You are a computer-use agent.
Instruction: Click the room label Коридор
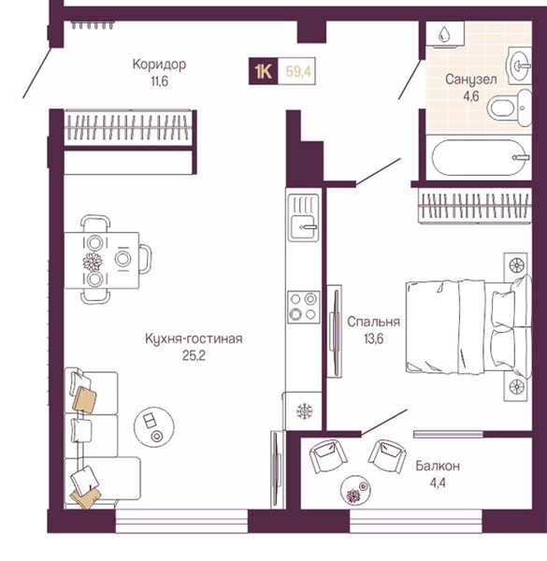159,65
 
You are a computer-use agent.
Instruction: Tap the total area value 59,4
298,72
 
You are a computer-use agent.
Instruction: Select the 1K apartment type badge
264,71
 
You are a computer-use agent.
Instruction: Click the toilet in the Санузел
510,108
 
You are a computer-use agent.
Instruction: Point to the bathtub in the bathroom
479,157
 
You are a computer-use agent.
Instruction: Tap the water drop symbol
444,34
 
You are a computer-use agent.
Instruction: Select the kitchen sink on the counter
303,217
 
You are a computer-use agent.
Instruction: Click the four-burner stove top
303,307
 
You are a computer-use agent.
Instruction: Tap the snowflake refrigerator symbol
305,410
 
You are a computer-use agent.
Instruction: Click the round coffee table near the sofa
154,426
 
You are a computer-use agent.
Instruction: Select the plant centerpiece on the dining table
93,261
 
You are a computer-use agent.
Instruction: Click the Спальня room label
373,322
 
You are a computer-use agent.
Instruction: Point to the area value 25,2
194,355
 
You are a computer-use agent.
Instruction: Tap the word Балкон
438,466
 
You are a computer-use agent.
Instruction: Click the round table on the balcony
355,491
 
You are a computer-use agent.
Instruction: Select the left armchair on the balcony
328,456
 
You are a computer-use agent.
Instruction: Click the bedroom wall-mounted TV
335,331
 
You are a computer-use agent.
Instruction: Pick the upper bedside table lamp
516,266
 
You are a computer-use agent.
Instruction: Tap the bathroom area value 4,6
471,96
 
